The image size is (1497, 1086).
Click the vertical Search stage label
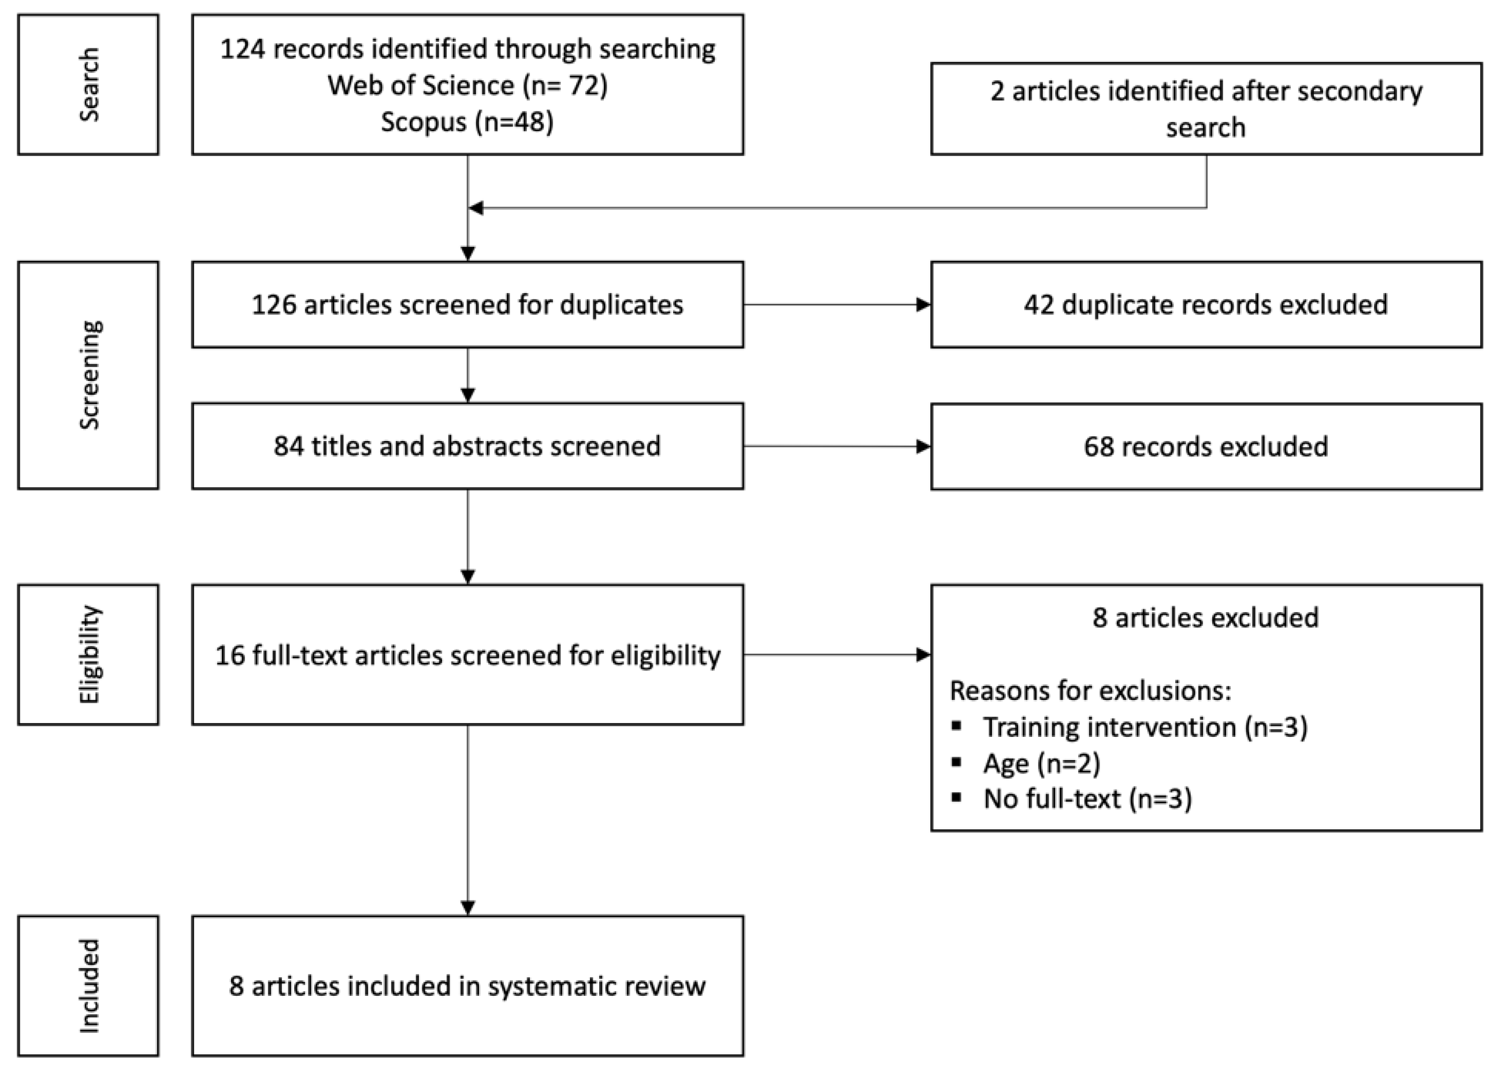click(x=88, y=84)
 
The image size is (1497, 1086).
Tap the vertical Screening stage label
click(x=88, y=375)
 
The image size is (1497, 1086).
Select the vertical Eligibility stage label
click(x=88, y=654)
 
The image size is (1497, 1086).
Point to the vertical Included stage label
click(x=88, y=985)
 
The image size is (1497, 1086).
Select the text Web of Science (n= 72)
click(x=467, y=85)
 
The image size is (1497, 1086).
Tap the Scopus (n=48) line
click(x=467, y=121)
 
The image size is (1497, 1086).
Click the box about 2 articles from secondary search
click(x=1205, y=109)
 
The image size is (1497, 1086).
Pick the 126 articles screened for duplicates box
click(x=467, y=305)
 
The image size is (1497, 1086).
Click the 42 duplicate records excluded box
click(x=1205, y=305)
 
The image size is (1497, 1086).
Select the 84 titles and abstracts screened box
click(x=467, y=446)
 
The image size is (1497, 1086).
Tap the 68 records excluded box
click(x=1205, y=447)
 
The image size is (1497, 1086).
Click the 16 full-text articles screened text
click(x=467, y=655)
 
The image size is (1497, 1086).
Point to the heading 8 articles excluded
click(x=1205, y=618)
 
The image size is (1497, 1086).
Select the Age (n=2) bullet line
click(x=1042, y=763)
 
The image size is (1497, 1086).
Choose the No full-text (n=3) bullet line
click(x=1087, y=799)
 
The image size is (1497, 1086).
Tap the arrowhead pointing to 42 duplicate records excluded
click(x=923, y=305)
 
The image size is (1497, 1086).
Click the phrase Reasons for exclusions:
click(x=1090, y=691)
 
